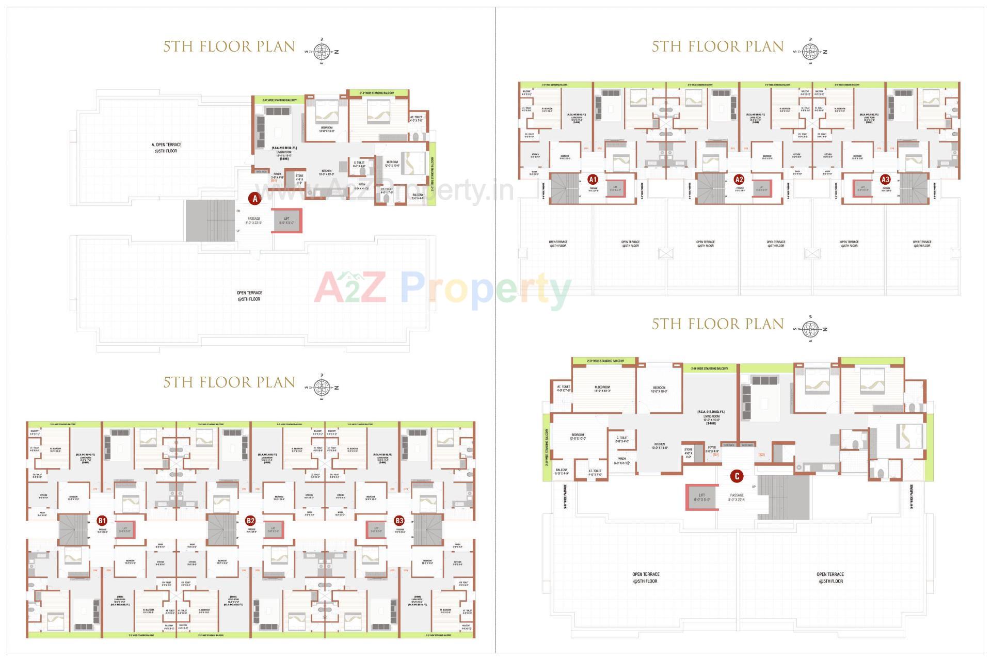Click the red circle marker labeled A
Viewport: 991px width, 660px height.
coord(254,198)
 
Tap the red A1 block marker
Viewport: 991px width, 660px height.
coord(593,180)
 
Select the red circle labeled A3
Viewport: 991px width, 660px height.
coord(885,180)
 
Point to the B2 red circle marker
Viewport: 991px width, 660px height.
coord(250,521)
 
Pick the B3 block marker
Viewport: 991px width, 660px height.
coord(398,521)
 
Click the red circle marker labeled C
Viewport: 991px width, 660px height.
coord(737,476)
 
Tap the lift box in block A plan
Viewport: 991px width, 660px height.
coord(286,221)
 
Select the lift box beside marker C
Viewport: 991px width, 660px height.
coord(701,497)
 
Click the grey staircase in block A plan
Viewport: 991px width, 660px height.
coord(210,220)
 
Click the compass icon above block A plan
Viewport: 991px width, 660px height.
coord(323,51)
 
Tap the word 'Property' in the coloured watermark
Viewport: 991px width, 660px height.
coord(485,289)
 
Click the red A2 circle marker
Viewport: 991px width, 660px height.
coord(739,180)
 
